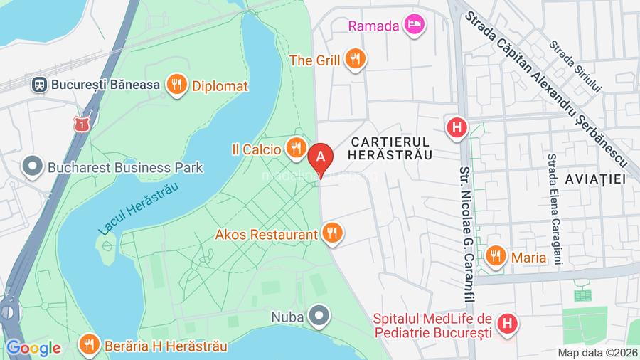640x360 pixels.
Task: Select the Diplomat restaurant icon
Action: (x=176, y=85)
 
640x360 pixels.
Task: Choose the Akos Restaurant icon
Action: (x=331, y=233)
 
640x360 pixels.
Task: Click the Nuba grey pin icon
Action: (x=321, y=314)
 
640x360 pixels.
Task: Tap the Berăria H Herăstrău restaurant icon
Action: (x=89, y=346)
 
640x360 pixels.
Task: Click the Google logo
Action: (x=33, y=348)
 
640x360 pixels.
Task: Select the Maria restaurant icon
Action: (x=496, y=257)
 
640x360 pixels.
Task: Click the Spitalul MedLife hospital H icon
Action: (x=507, y=325)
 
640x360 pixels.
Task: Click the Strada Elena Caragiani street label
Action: (x=554, y=210)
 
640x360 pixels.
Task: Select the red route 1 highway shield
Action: (x=83, y=124)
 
